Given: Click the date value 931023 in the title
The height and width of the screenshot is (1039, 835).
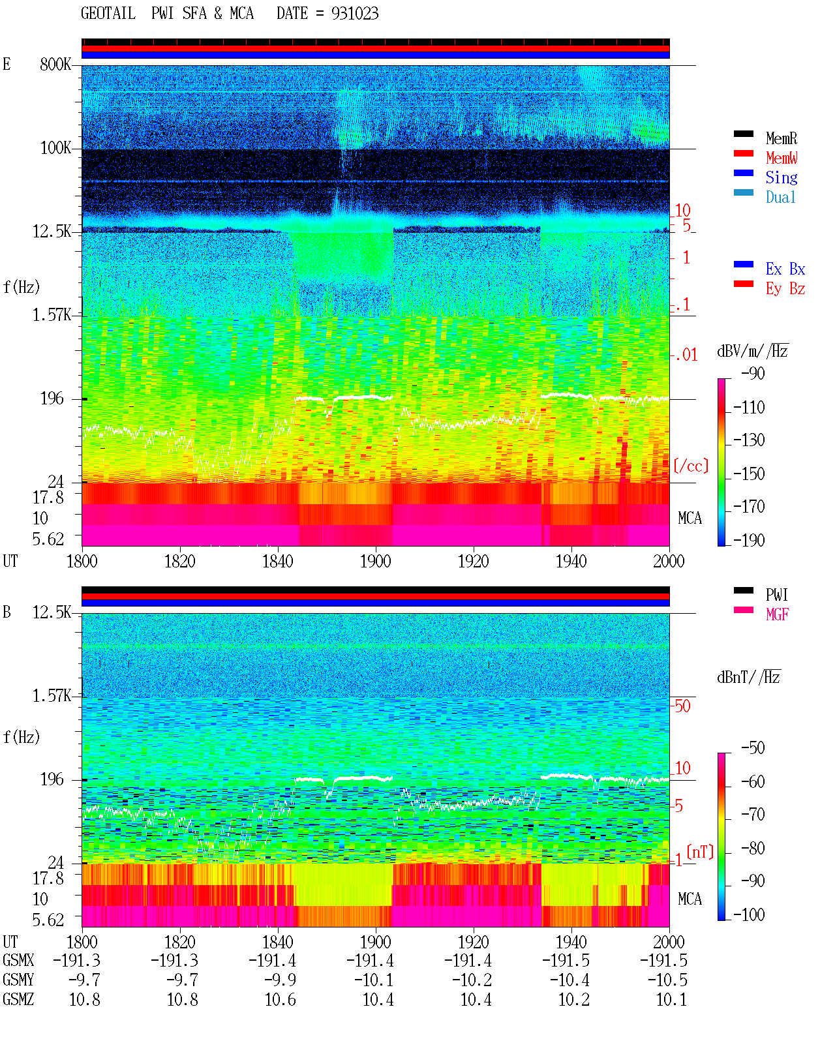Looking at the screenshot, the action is (355, 14).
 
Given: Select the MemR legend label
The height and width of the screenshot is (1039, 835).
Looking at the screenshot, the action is (782, 138).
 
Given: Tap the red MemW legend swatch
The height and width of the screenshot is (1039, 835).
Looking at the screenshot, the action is (743, 153).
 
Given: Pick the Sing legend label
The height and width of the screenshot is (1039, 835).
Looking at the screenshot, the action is (782, 177).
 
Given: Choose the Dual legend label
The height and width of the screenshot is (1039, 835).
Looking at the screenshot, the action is (780, 197).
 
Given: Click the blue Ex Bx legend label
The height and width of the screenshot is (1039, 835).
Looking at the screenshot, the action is (785, 269).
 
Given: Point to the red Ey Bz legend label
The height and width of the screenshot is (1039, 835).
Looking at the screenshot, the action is (785, 289).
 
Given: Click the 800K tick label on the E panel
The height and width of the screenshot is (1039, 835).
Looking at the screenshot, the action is (55, 64).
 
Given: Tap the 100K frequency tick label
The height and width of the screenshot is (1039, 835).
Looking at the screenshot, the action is (55, 148).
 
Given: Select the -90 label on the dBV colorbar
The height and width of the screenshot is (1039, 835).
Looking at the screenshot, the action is (753, 373).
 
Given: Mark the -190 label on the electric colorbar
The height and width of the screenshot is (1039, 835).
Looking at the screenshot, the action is (749, 540).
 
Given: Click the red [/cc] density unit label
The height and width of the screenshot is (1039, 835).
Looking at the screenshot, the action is (691, 466).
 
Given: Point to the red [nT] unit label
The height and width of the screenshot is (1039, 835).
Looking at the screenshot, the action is (700, 852).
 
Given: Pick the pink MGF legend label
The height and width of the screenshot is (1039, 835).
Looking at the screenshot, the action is (777, 614).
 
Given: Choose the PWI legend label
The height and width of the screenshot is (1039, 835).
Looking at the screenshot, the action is (776, 595).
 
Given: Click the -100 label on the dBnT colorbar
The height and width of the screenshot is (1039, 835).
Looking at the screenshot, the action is (749, 915).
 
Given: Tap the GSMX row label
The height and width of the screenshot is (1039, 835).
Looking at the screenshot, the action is (18, 960).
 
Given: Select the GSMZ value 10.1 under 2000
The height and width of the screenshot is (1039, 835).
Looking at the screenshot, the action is (671, 999).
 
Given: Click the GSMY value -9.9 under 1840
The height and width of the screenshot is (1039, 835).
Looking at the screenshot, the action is (280, 980).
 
